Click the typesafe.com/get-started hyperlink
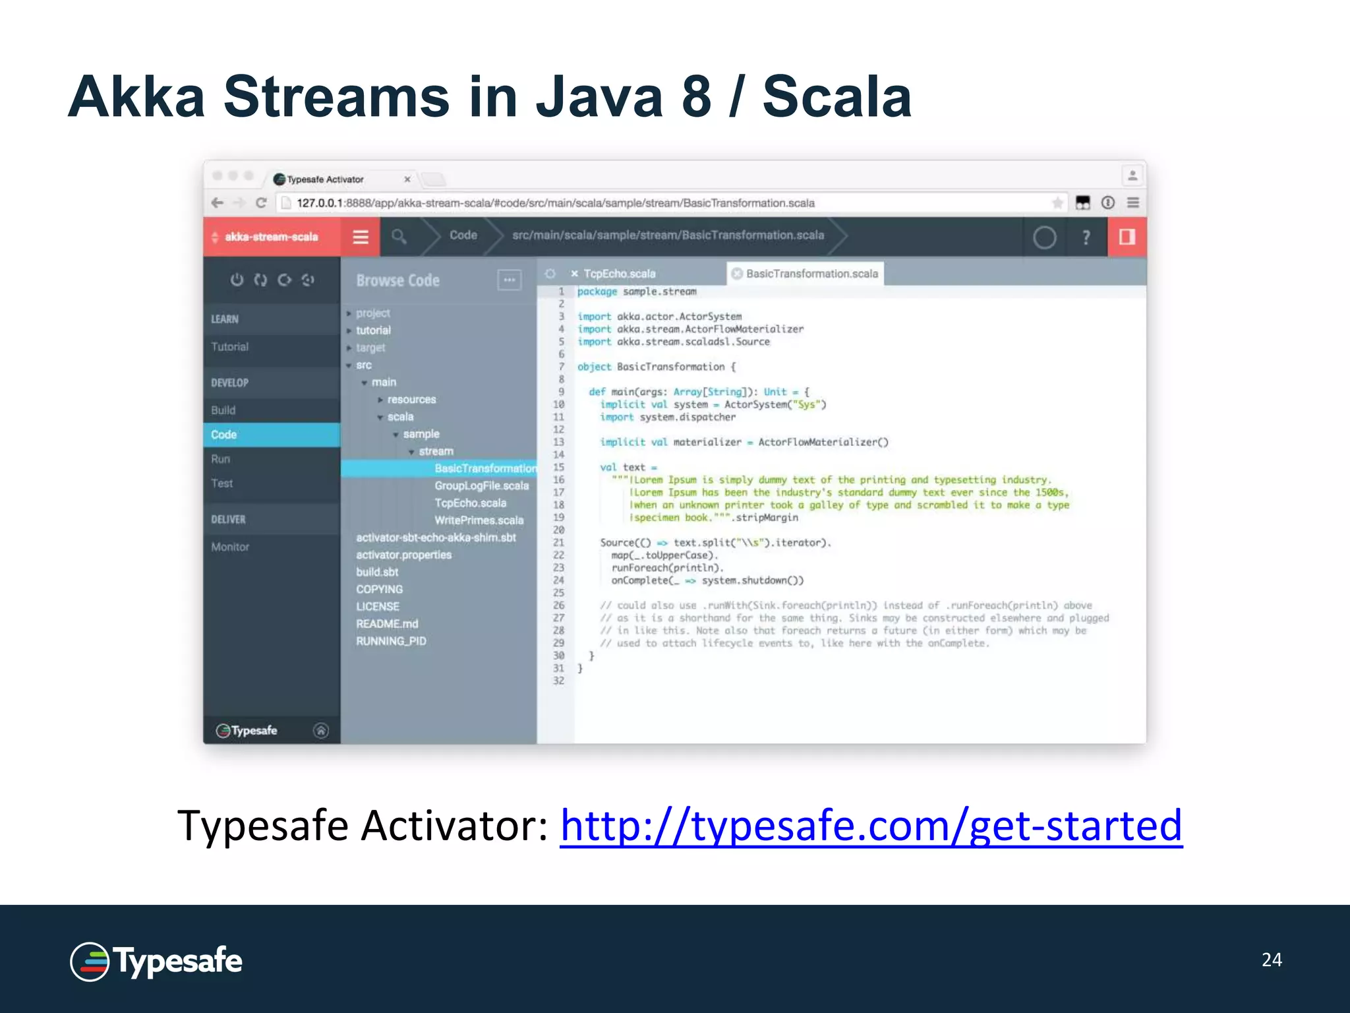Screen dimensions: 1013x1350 (871, 826)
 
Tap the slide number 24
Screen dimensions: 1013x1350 (1272, 960)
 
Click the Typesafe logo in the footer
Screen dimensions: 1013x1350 (156, 962)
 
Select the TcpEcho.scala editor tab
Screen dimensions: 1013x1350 (619, 274)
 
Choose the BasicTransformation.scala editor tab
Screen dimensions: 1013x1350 (811, 274)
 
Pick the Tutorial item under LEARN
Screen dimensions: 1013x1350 (229, 347)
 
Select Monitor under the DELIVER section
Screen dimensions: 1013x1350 (230, 547)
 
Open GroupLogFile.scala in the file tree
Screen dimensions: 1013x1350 (481, 486)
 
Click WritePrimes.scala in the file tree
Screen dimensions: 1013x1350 (479, 520)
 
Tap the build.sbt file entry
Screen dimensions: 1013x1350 (377, 572)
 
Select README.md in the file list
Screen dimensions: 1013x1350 (387, 624)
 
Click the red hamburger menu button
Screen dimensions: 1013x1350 (361, 237)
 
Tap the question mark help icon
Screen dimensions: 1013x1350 (1086, 237)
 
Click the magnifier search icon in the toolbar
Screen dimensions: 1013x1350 (399, 236)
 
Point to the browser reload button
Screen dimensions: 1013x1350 (261, 203)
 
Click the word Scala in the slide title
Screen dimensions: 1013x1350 (837, 97)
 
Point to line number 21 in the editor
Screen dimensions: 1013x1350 (558, 543)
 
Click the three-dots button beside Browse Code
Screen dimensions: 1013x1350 (509, 280)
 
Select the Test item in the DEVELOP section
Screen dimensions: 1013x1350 (222, 483)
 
